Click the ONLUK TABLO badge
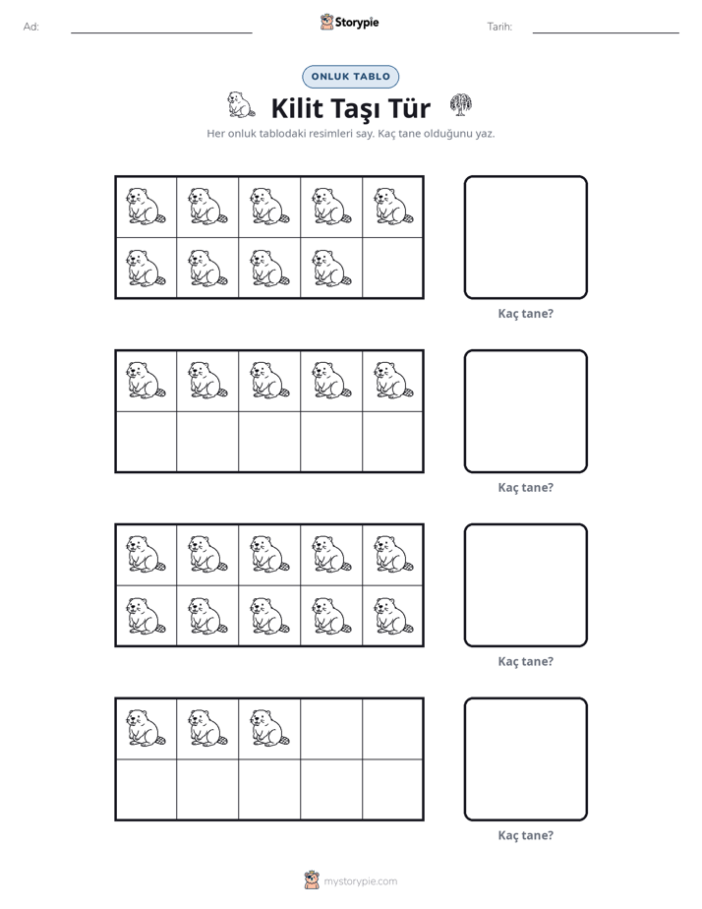350,77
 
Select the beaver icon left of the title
240,105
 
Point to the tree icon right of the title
461,105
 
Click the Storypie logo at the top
349,22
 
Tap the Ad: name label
31,27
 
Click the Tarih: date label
499,27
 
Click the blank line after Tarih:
606,33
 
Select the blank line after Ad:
161,33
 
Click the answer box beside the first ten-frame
526,238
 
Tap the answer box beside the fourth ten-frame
526,759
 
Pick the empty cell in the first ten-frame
392,268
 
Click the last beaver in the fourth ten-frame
270,728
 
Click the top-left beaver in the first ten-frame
146,207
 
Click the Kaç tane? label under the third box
526,661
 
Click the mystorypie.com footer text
360,881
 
